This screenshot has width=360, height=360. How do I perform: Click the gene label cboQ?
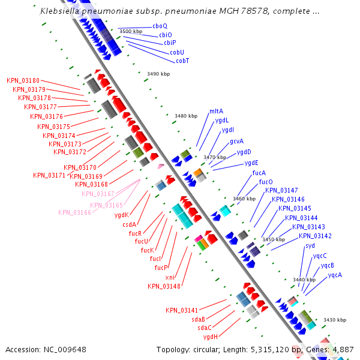pyautogui.click(x=160, y=26)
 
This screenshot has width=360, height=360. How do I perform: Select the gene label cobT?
pyautogui.click(x=182, y=61)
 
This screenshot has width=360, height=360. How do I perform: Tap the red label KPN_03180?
pyautogui.click(x=23, y=80)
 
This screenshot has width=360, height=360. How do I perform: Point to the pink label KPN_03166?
pyautogui.click(x=74, y=212)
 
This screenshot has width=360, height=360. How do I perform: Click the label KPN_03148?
pyautogui.click(x=164, y=286)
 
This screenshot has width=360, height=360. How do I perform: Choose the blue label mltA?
pyautogui.click(x=216, y=111)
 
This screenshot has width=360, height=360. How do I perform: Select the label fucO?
pyautogui.click(x=266, y=182)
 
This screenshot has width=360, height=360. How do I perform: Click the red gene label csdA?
pyautogui.click(x=130, y=224)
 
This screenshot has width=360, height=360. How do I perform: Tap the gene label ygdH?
pyautogui.click(x=210, y=337)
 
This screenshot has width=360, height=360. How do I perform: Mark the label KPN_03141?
pyautogui.click(x=182, y=310)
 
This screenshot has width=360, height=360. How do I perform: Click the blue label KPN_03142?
pyautogui.click(x=315, y=236)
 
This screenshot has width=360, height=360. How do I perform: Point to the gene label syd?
pyautogui.click(x=310, y=245)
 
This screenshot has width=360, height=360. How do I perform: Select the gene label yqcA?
pyautogui.click(x=335, y=275)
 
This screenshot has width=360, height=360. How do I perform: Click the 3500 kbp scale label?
pyautogui.click(x=131, y=31)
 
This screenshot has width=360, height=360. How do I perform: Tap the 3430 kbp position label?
pyautogui.click(x=335, y=320)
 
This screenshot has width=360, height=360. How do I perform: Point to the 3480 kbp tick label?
pyautogui.click(x=186, y=116)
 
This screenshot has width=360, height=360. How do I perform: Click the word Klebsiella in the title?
pyautogui.click(x=58, y=11)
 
